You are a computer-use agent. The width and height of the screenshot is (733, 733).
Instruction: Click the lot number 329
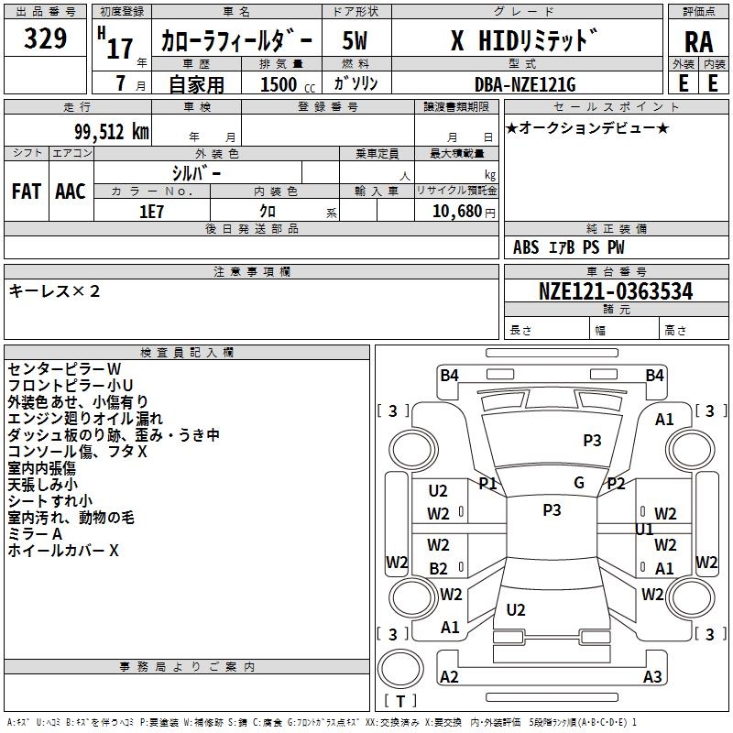[x=45, y=38]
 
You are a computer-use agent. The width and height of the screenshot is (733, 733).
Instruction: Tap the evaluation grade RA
[x=699, y=42]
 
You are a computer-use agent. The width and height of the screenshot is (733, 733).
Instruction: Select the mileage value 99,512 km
[x=112, y=132]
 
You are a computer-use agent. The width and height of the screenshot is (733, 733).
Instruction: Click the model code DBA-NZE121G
[x=525, y=84]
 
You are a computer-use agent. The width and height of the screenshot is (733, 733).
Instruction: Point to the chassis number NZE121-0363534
[x=616, y=291]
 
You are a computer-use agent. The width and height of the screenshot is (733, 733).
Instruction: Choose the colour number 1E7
[x=151, y=212]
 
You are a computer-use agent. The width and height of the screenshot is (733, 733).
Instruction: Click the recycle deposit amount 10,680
[x=456, y=212]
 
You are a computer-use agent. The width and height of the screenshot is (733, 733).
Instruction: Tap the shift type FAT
[x=27, y=191]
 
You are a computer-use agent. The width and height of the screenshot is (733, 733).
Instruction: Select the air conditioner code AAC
[x=71, y=191]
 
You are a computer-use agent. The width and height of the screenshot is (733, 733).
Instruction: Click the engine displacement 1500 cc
[x=288, y=84]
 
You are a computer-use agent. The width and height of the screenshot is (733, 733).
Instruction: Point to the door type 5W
[x=355, y=40]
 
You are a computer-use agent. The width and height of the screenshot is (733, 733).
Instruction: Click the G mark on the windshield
[x=579, y=483]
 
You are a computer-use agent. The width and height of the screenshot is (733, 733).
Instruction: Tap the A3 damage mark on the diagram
[x=652, y=676]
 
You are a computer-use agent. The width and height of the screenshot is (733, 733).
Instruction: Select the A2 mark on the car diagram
[x=449, y=676]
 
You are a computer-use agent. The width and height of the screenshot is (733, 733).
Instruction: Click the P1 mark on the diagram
[x=487, y=484]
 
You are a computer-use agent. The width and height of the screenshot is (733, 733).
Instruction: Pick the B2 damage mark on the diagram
[x=439, y=568]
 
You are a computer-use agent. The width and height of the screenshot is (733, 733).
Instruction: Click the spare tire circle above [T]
[x=400, y=669]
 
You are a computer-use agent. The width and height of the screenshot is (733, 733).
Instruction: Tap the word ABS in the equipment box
[x=526, y=247]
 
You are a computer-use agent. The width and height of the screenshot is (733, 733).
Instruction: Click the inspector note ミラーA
[x=35, y=534]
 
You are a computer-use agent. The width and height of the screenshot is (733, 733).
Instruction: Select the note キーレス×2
[x=54, y=291]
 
